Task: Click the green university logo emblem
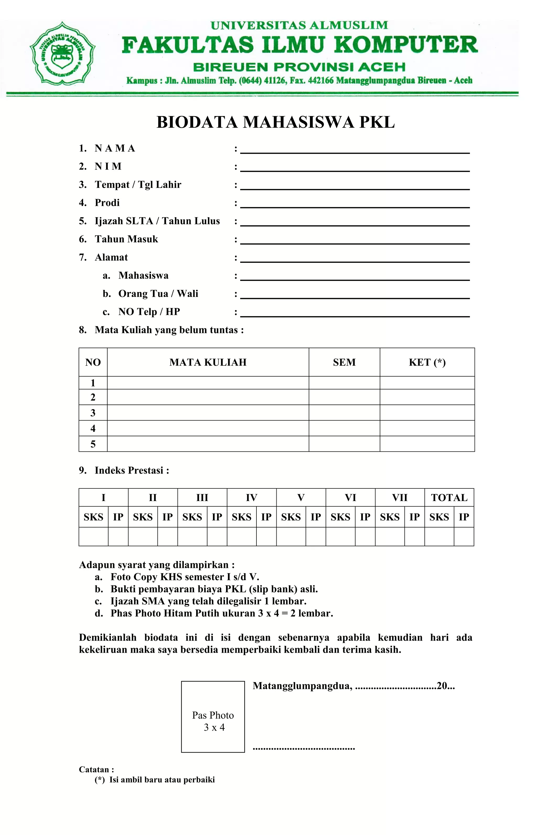pyautogui.click(x=62, y=54)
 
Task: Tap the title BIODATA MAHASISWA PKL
pyautogui.click(x=276, y=122)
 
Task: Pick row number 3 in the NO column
pyautogui.click(x=93, y=413)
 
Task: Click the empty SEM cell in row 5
pyautogui.click(x=344, y=444)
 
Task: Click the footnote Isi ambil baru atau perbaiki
pyautogui.click(x=162, y=780)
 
